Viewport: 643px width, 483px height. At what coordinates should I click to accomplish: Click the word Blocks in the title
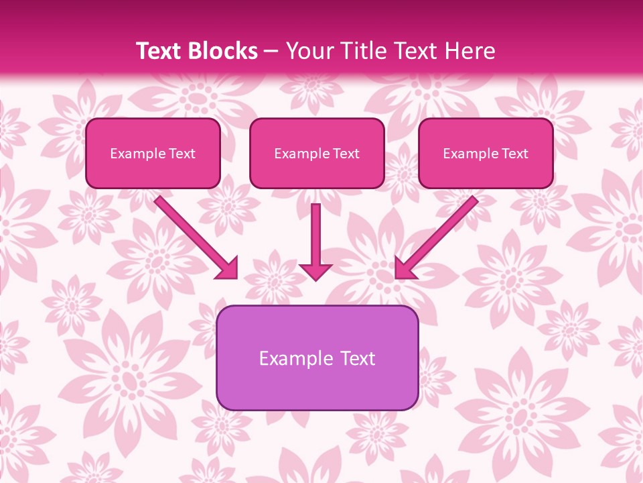[223, 51]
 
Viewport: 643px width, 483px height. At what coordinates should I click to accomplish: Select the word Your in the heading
[311, 51]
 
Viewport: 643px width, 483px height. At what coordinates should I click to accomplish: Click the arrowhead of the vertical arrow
[315, 271]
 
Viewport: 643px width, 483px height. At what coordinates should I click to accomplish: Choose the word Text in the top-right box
[514, 154]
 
